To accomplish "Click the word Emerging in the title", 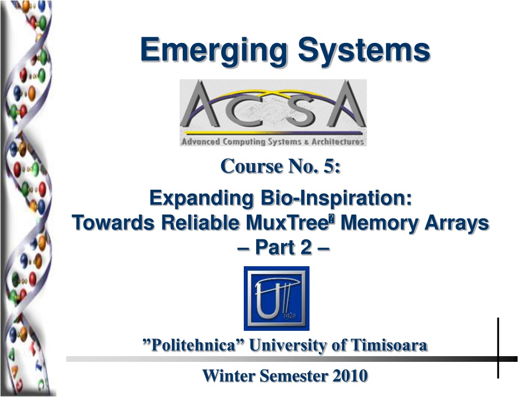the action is (214, 51).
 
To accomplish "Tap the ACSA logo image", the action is (273, 112).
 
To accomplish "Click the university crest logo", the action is (276, 298).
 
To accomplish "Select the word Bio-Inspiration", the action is (336, 198).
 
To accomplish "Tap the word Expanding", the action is (201, 198).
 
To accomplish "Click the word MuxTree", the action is (287, 223).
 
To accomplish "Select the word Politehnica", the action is (193, 345).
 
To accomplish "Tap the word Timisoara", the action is (389, 345).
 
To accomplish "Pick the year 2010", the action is (350, 376).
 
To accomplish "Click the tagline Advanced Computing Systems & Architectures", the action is (273, 142).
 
